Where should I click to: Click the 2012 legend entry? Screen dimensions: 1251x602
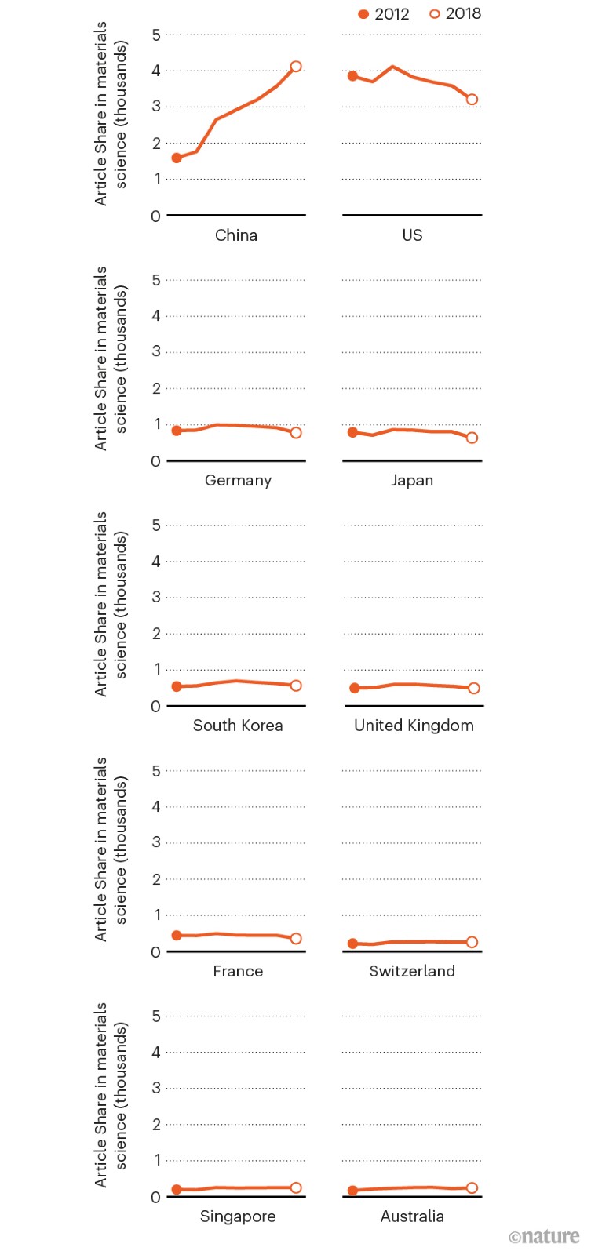[x=384, y=14]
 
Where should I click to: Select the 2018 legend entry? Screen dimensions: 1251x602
[x=455, y=14]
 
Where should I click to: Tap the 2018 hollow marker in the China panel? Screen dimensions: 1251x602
[x=296, y=67]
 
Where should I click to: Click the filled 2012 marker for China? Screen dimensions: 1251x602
[x=177, y=158]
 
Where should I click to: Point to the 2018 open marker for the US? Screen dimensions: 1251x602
[x=472, y=100]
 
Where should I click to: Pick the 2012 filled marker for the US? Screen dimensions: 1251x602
[x=352, y=76]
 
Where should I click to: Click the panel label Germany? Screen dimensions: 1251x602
[x=238, y=480]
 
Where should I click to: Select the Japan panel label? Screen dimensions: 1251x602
[x=412, y=480]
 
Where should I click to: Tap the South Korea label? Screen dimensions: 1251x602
[x=238, y=726]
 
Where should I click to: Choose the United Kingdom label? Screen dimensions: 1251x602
[x=414, y=726]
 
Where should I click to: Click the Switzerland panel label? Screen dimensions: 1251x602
[x=412, y=971]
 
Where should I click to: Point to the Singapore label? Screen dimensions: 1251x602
[x=238, y=1216]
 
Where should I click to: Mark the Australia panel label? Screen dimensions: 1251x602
[x=412, y=1216]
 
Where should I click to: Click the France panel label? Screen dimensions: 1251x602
[x=238, y=971]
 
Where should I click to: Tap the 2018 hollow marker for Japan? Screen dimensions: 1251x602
[x=472, y=438]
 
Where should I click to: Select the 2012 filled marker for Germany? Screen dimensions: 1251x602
[x=177, y=431]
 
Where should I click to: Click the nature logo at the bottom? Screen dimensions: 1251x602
[x=544, y=1237]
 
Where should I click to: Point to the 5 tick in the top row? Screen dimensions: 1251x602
[x=156, y=35]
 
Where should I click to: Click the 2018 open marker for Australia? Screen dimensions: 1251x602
[x=472, y=1187]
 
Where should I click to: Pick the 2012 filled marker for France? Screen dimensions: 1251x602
[x=177, y=935]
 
